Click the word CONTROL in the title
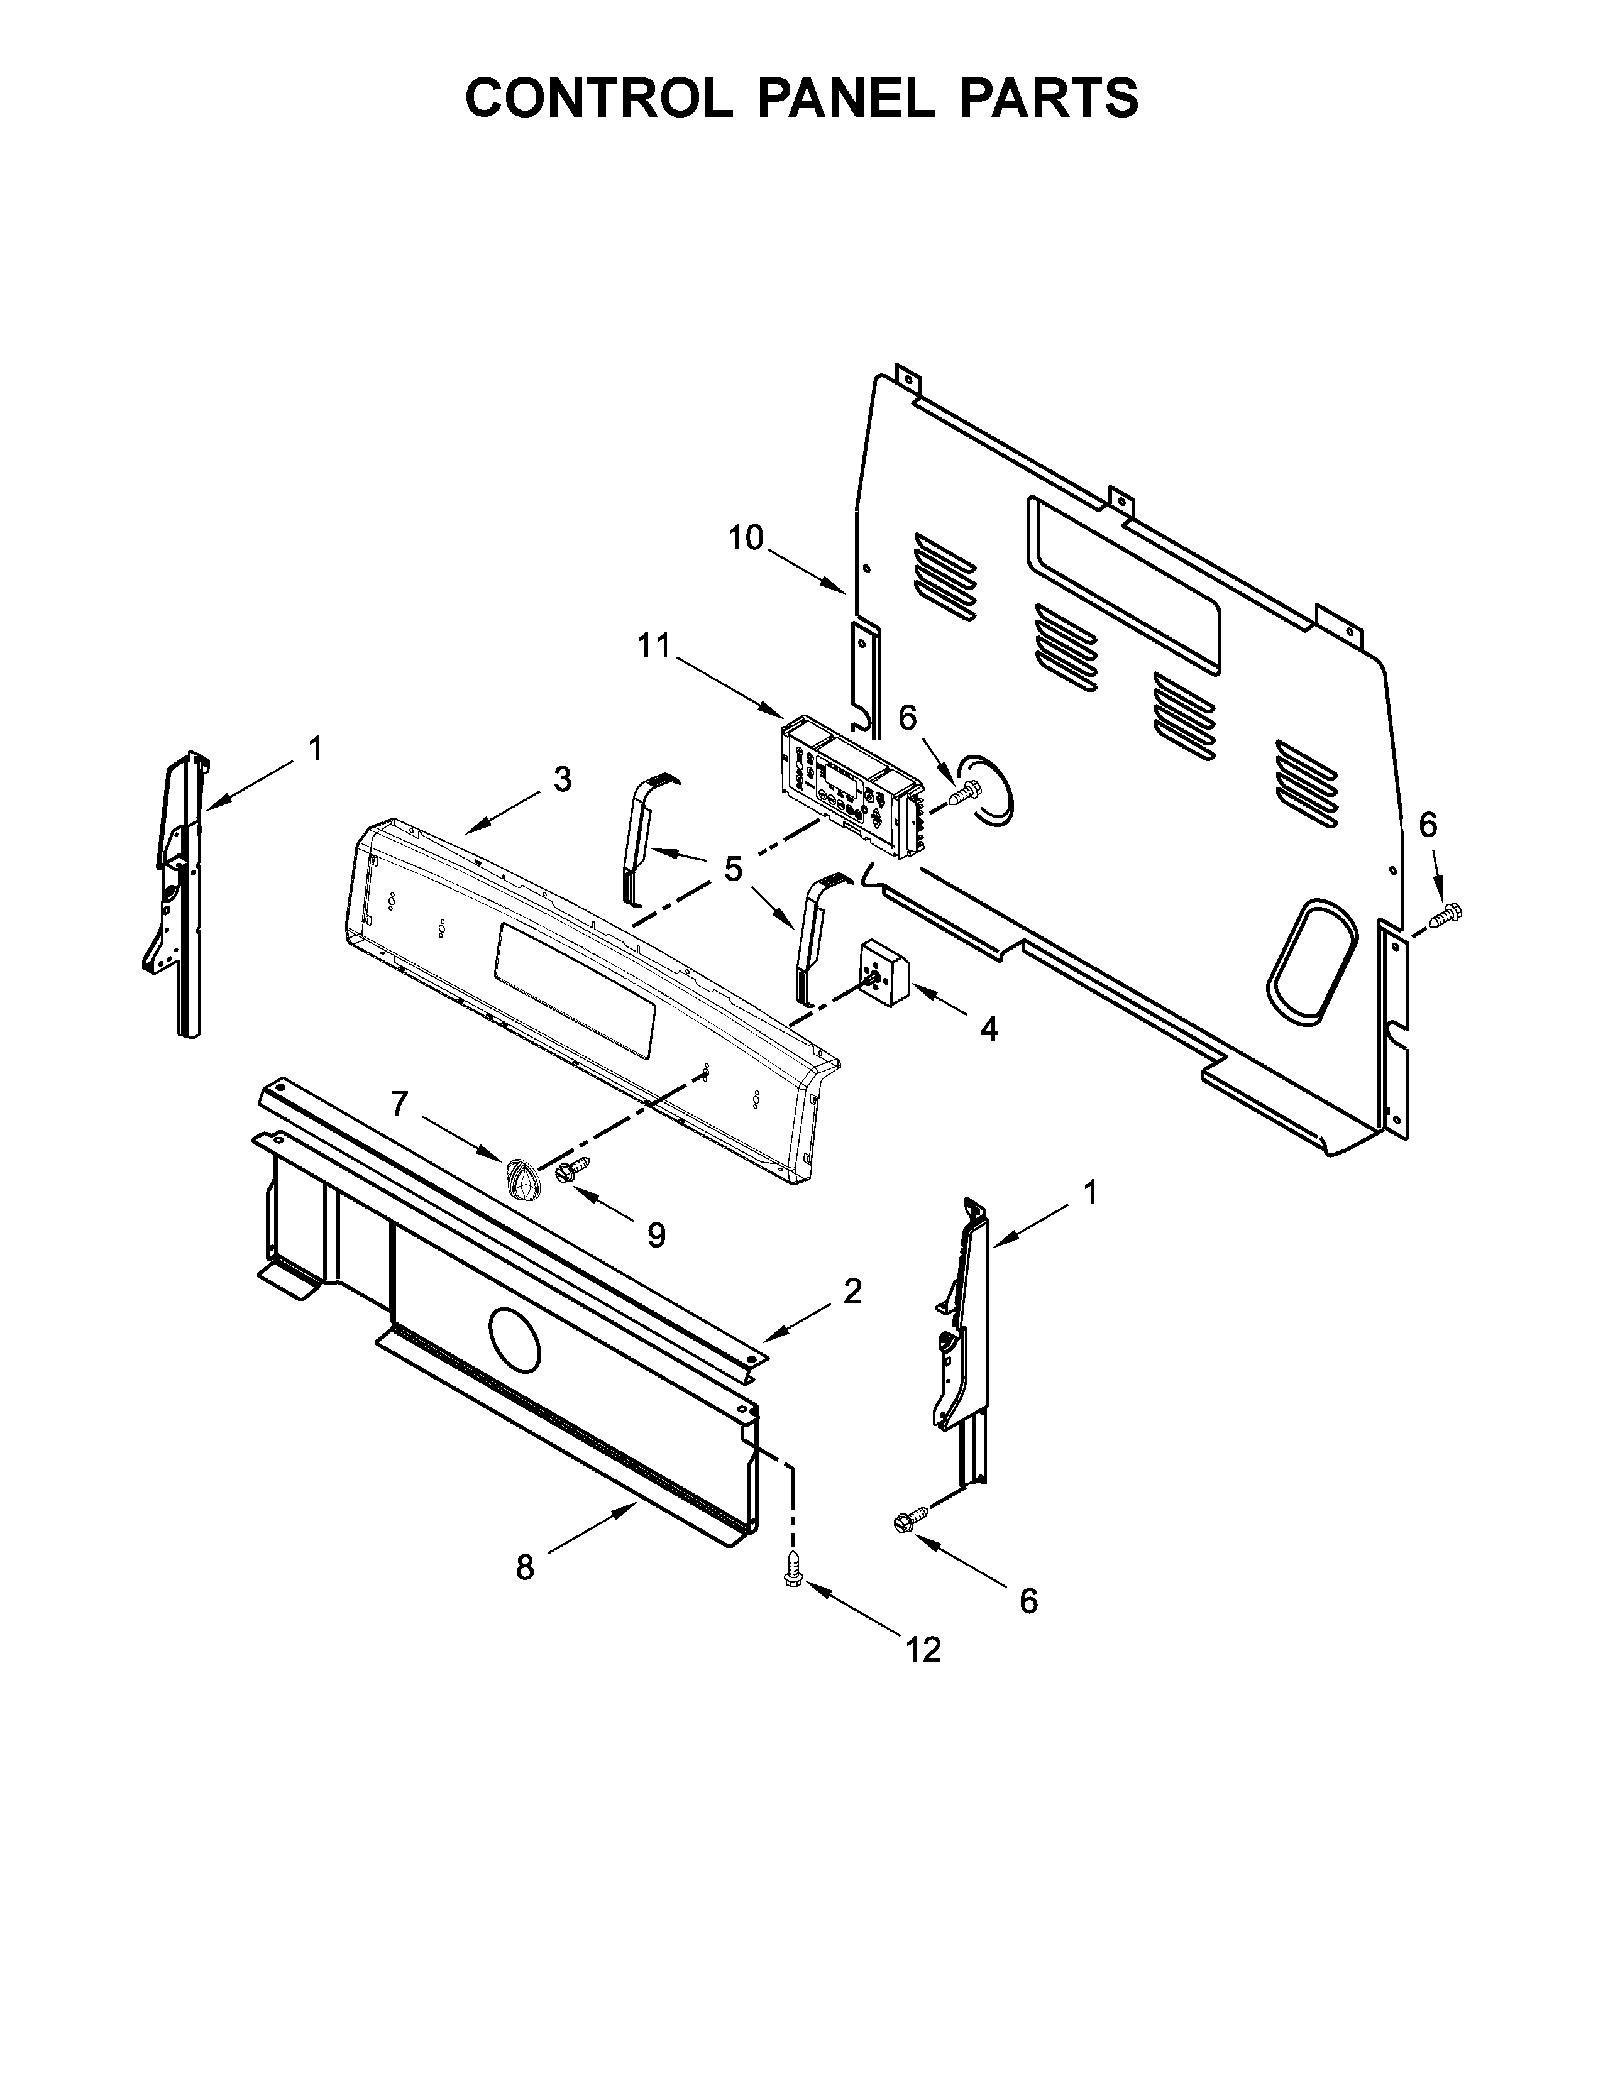click(x=598, y=99)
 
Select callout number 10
click(x=746, y=539)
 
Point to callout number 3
click(x=562, y=780)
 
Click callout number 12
click(x=923, y=1650)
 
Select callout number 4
click(x=989, y=1028)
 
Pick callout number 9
click(x=655, y=1234)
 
